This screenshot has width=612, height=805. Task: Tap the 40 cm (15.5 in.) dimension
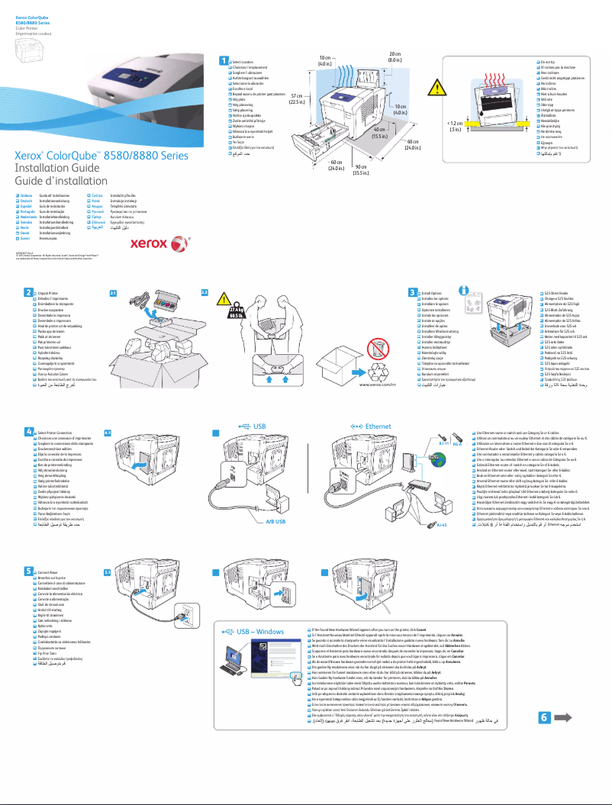click(x=378, y=133)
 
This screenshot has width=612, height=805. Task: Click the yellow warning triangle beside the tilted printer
click(x=434, y=90)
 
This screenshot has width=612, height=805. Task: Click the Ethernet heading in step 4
click(x=377, y=426)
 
